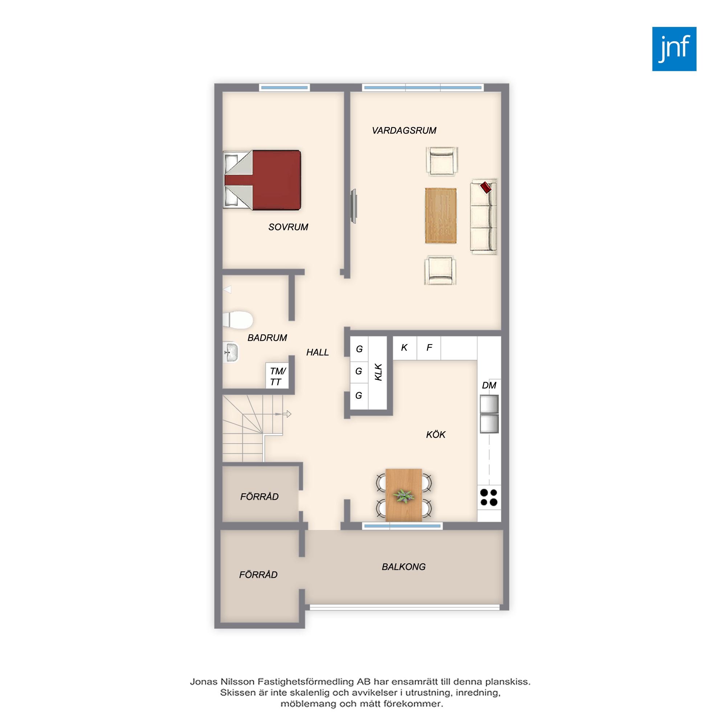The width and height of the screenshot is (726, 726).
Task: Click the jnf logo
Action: (674, 49)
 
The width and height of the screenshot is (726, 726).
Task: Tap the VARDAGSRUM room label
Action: (404, 130)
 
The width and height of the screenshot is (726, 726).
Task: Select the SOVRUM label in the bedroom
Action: (288, 227)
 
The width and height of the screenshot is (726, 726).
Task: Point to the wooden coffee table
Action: (441, 216)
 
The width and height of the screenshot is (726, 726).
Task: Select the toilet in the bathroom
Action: (237, 320)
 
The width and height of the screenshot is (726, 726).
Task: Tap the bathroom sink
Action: (231, 352)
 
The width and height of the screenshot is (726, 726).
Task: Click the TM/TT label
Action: (278, 376)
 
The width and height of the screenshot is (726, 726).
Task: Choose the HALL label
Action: (318, 352)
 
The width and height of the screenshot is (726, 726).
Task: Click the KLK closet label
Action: (378, 372)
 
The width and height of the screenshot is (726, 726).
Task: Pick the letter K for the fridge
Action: (404, 348)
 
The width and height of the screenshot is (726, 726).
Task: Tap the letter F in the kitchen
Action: (429, 348)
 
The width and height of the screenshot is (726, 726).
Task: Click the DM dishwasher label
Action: (489, 385)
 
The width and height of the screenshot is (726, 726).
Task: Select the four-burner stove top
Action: (489, 497)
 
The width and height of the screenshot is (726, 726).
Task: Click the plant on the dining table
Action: (404, 496)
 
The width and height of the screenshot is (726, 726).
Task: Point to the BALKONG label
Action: (404, 567)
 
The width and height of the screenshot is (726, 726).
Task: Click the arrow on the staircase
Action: (283, 414)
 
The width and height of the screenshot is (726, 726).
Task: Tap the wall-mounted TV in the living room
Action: (354, 206)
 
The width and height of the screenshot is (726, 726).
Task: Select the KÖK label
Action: (436, 435)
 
